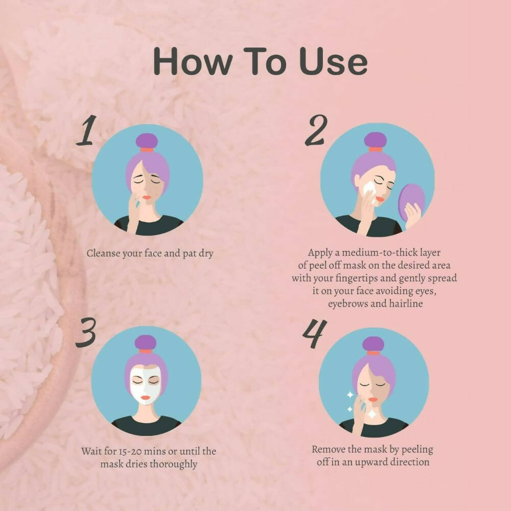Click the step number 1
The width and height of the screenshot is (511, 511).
point(86,131)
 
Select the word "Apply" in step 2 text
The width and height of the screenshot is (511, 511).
point(320,252)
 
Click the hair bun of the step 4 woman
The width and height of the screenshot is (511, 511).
point(374,343)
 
